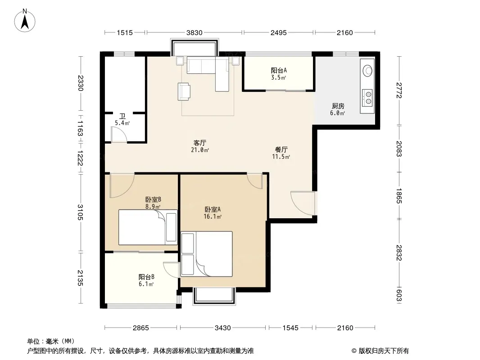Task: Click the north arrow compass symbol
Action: [x=25, y=21]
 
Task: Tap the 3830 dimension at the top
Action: [x=195, y=32]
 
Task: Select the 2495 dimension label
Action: [x=279, y=32]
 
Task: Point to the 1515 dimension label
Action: [x=125, y=32]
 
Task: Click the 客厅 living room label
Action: [x=200, y=143]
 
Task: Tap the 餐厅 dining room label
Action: [x=281, y=149]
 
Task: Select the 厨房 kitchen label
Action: [x=338, y=106]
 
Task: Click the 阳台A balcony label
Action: [x=279, y=70]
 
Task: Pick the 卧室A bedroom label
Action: [x=213, y=210]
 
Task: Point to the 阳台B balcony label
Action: [x=146, y=277]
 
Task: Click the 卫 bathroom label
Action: [x=122, y=116]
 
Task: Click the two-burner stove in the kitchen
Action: [x=367, y=97]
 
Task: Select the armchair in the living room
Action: [x=184, y=91]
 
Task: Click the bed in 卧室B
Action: [x=148, y=227]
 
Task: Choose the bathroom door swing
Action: [x=119, y=135]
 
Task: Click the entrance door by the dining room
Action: [x=303, y=204]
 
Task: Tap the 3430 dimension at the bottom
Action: [x=222, y=328]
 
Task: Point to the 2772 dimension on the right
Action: [x=398, y=90]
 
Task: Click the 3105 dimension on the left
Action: [x=80, y=212]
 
